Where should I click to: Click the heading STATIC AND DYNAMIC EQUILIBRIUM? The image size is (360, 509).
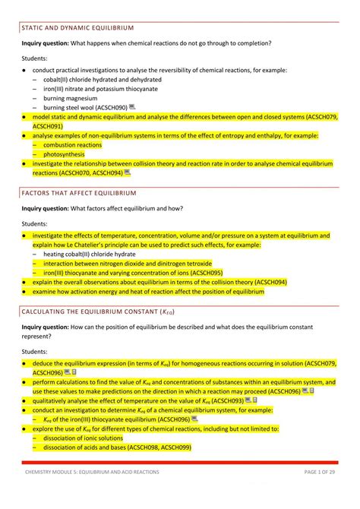(x=77, y=27)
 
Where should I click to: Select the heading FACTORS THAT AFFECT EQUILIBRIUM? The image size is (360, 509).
(x=79, y=193)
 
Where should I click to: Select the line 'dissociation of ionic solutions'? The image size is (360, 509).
(x=83, y=438)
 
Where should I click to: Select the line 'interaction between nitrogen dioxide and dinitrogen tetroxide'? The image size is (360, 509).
(x=123, y=264)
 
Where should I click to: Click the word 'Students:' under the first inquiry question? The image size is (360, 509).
(x=34, y=58)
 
